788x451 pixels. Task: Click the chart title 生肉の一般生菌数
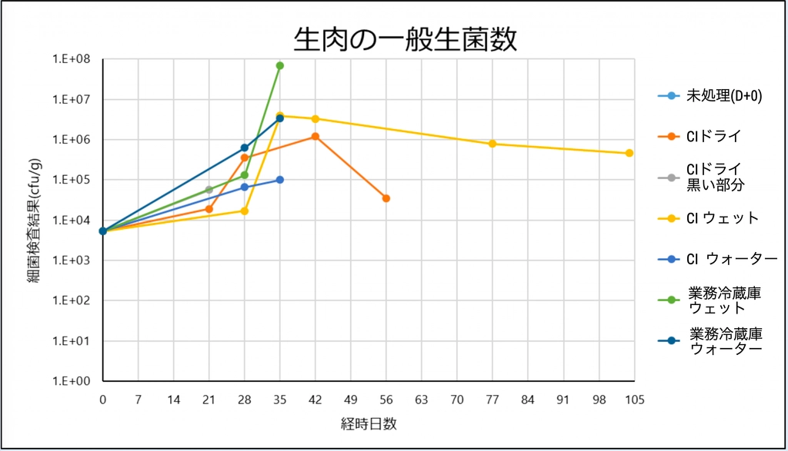(404, 39)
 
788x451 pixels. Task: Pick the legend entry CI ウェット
(722, 218)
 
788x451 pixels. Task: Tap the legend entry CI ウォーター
(731, 259)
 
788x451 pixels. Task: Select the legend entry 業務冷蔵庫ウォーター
(726, 341)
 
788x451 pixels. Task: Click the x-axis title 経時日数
(369, 423)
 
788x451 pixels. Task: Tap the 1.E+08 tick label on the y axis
(71, 59)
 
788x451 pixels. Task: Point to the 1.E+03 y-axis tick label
(71, 260)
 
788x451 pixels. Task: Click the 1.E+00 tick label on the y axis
(71, 381)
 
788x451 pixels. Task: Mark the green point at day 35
(280, 65)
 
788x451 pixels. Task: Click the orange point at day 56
(386, 198)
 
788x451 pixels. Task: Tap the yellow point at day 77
(492, 144)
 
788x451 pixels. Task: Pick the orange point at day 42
(316, 137)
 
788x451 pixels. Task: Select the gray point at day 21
(209, 189)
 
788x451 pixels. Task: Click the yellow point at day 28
(245, 211)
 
